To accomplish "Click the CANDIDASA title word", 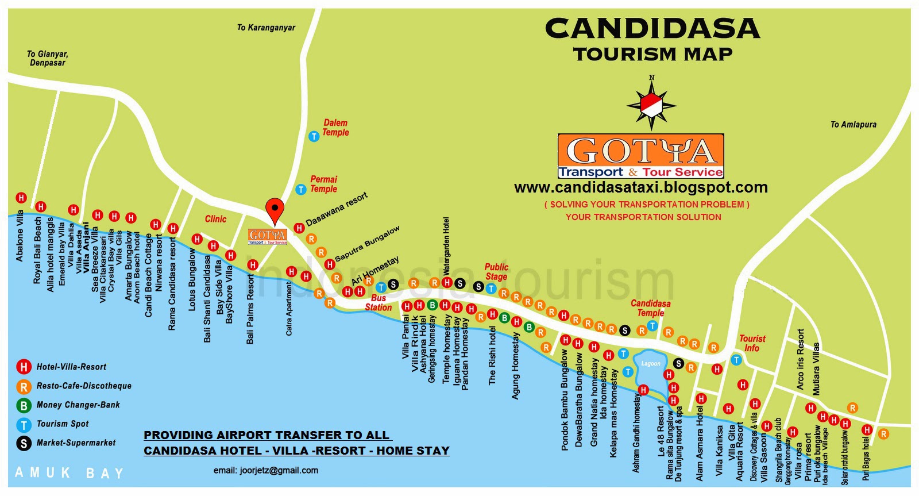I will click(x=652, y=29).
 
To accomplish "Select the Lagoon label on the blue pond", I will click(x=651, y=363).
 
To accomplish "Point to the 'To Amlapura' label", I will click(x=853, y=124).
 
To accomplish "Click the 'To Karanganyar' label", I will click(x=266, y=27).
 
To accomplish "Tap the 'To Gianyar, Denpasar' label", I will click(x=47, y=58).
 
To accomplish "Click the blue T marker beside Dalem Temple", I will click(x=314, y=136).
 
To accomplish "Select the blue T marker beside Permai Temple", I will click(x=300, y=189).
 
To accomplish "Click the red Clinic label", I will click(x=215, y=219).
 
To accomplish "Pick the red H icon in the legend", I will click(x=24, y=367).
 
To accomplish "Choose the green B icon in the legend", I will click(x=24, y=405).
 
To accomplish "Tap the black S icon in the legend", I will click(x=24, y=443).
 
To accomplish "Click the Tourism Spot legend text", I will click(x=63, y=424).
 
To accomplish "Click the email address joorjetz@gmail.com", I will click(x=266, y=470).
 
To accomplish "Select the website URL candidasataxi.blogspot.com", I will click(x=640, y=187).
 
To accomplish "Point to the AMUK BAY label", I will click(x=69, y=473).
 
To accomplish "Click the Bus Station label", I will click(x=378, y=303).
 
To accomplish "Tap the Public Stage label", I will click(x=496, y=272).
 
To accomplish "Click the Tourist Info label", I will click(x=752, y=343).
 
